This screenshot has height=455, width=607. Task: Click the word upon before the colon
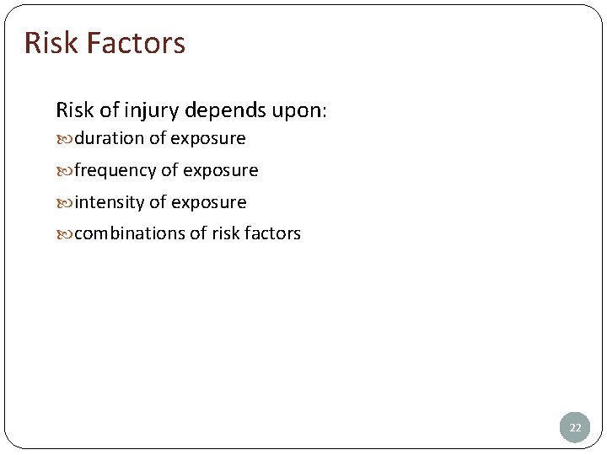(x=296, y=111)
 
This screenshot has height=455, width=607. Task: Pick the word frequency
(x=115, y=171)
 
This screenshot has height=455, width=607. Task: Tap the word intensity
(x=110, y=202)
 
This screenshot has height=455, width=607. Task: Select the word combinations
(x=129, y=233)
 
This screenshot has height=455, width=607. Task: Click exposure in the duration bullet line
(x=208, y=139)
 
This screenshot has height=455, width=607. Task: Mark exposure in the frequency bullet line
(x=221, y=171)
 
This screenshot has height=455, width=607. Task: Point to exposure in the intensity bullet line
(x=209, y=203)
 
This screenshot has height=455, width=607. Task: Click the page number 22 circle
(x=575, y=427)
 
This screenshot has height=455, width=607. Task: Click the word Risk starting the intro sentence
(x=73, y=110)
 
